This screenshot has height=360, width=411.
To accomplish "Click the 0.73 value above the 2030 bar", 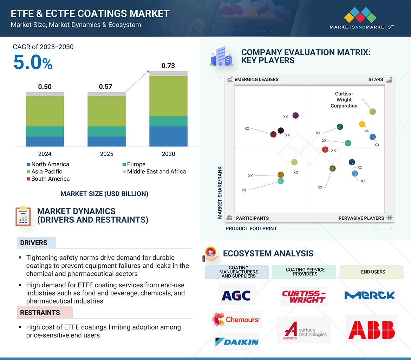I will coord(168,66).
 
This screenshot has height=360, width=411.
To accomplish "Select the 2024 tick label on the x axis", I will coord(45,154).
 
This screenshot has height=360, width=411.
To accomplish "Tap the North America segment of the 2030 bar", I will coord(168,136).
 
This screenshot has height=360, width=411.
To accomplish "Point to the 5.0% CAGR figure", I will coord(33,62).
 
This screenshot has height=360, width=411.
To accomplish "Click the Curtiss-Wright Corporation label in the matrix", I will coord(344,100).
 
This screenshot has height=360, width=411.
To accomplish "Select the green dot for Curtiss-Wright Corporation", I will coord(373,112).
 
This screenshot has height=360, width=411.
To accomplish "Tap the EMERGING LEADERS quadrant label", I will coord(256,79).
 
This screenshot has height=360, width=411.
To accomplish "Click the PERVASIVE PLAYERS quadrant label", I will coord(361,218).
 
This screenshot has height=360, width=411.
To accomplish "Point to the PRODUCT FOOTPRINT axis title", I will coord(251,228).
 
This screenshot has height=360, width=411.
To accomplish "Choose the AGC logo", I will coord(237,295).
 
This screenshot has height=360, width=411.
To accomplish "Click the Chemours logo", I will coord(237,319).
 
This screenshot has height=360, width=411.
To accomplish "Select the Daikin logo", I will coord(237,342).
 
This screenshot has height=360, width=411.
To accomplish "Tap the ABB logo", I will coord(371,329).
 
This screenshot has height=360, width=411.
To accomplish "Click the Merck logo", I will coord(372,295).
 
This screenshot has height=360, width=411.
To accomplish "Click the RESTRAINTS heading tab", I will coord(40,312).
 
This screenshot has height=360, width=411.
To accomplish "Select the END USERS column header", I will coord(373,272).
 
